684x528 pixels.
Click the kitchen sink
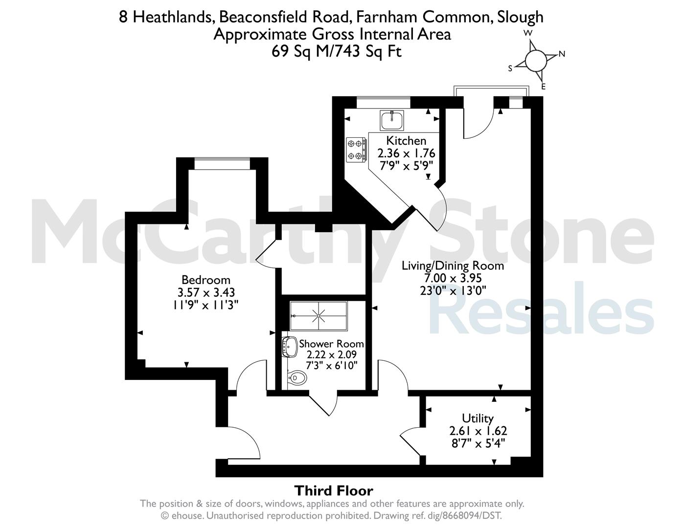click(391, 120)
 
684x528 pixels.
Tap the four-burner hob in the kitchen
click(356, 150)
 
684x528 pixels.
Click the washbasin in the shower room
click(290, 347)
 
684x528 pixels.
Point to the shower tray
click(319, 316)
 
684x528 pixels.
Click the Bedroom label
click(206, 280)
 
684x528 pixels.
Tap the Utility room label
click(478, 418)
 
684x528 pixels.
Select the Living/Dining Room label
click(453, 266)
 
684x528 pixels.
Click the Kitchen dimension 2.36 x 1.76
click(406, 154)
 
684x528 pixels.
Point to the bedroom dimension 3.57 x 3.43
click(206, 292)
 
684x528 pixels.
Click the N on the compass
click(562, 54)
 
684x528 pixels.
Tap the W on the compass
click(528, 33)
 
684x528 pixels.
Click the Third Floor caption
click(334, 490)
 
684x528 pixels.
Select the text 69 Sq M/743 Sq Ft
click(337, 51)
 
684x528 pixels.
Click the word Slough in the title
click(520, 17)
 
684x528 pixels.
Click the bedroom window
click(222, 163)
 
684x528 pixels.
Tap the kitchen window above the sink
click(384, 103)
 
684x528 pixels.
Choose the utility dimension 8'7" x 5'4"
click(478, 444)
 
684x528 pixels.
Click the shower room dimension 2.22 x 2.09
click(331, 355)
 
